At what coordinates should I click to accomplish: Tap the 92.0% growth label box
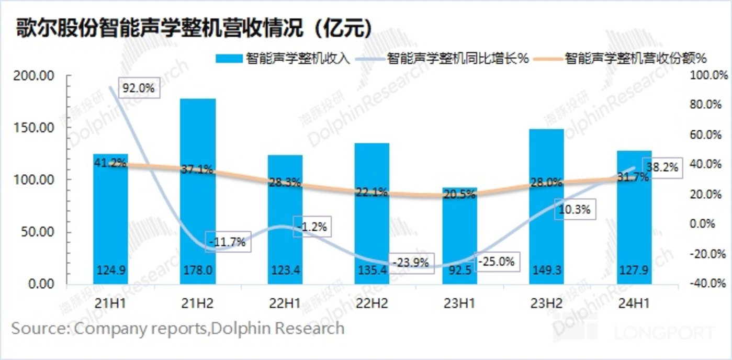pyautogui.click(x=139, y=88)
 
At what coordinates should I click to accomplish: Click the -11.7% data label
pyautogui.click(x=226, y=243)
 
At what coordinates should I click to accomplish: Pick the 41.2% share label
pyautogui.click(x=110, y=163)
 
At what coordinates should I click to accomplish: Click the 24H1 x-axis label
pyautogui.click(x=634, y=304)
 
